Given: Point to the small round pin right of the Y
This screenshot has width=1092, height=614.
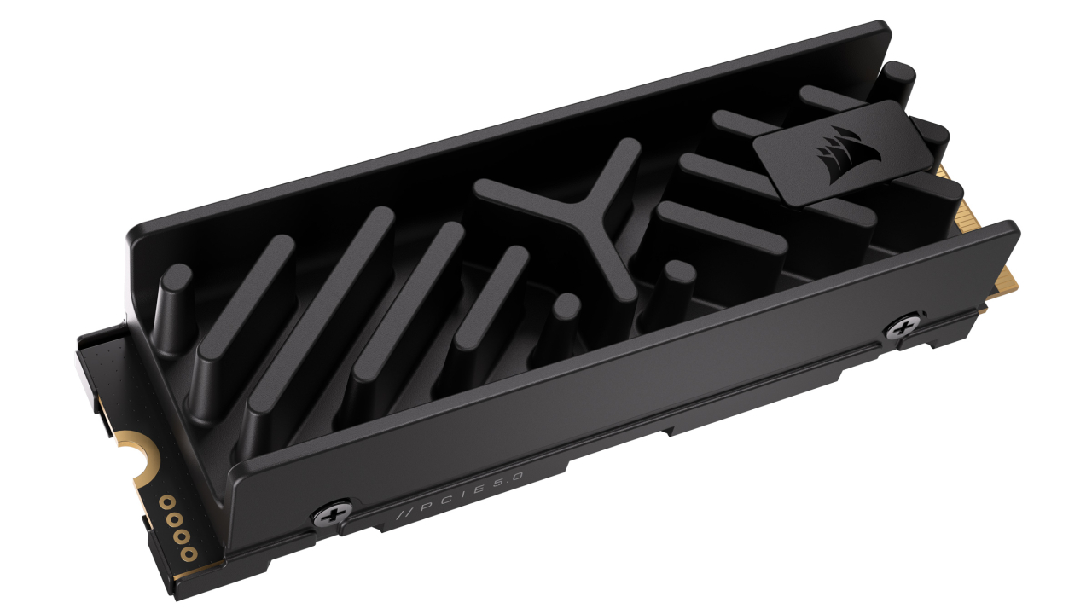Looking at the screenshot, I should pyautogui.click(x=678, y=277).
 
